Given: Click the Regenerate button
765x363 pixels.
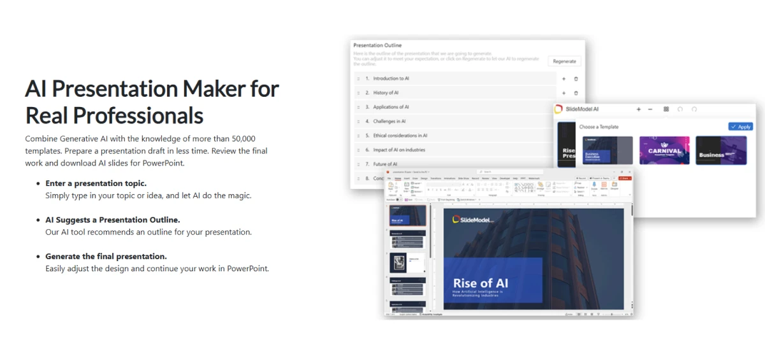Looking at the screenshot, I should (x=564, y=61).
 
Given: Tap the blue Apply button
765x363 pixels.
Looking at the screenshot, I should (x=740, y=127).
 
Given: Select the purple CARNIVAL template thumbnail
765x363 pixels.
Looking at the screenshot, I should (x=664, y=151).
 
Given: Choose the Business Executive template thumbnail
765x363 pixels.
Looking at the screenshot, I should (x=608, y=151).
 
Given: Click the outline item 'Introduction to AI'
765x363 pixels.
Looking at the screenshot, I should (x=391, y=78).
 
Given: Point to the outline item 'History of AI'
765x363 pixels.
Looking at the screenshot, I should (x=386, y=93).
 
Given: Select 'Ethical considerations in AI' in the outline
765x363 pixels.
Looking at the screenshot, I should (x=400, y=136).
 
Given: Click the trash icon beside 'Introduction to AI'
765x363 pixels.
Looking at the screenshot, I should (x=576, y=79).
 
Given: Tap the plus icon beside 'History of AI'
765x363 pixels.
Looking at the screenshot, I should (x=564, y=93).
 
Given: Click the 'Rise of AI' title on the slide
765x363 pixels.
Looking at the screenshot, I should (x=480, y=283).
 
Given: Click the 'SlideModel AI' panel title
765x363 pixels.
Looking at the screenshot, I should (x=582, y=109).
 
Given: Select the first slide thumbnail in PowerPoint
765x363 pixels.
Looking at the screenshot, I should (x=407, y=215).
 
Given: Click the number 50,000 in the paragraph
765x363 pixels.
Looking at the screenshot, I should (x=242, y=138).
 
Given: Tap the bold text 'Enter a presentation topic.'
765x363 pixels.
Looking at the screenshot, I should (x=96, y=183).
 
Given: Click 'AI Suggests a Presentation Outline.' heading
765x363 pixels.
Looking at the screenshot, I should (x=112, y=220).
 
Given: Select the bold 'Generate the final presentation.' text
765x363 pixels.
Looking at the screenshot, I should (x=106, y=257).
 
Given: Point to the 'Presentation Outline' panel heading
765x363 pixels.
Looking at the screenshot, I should (x=377, y=45).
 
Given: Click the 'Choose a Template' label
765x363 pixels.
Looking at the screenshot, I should (x=599, y=127).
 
